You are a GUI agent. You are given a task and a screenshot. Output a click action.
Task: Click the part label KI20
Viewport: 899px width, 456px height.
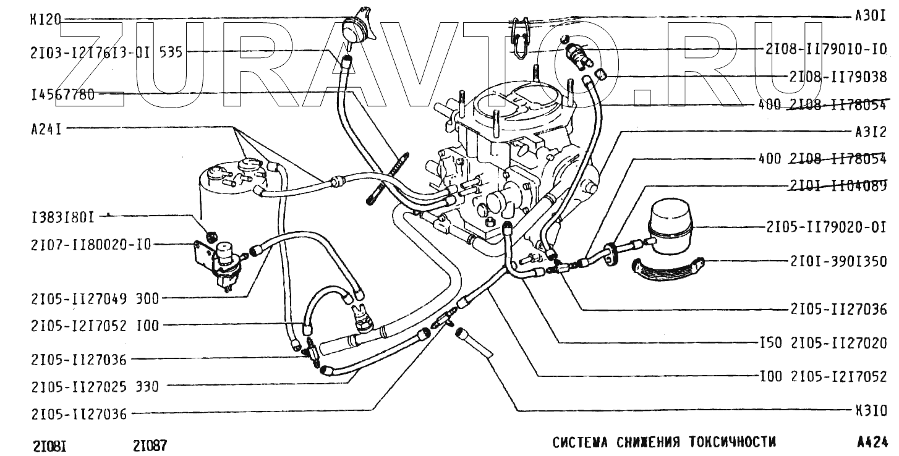[x=45, y=19]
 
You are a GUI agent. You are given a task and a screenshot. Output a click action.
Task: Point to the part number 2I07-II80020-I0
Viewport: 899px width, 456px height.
[x=90, y=245]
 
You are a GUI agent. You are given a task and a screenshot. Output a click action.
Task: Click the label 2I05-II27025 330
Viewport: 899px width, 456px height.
[x=95, y=387]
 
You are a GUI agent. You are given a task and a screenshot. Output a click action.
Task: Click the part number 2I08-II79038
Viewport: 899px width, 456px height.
[x=838, y=77]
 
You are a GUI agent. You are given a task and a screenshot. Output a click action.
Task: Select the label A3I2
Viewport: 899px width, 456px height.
[x=871, y=132]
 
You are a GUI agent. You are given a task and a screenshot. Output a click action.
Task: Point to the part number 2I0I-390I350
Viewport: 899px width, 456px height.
[x=838, y=262]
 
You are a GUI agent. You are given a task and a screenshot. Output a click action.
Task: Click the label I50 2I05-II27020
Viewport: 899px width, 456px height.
[x=824, y=342]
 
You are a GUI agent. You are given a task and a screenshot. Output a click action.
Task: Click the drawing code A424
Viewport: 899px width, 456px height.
[x=872, y=442]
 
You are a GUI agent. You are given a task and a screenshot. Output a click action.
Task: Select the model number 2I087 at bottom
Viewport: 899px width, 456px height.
[x=150, y=445]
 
